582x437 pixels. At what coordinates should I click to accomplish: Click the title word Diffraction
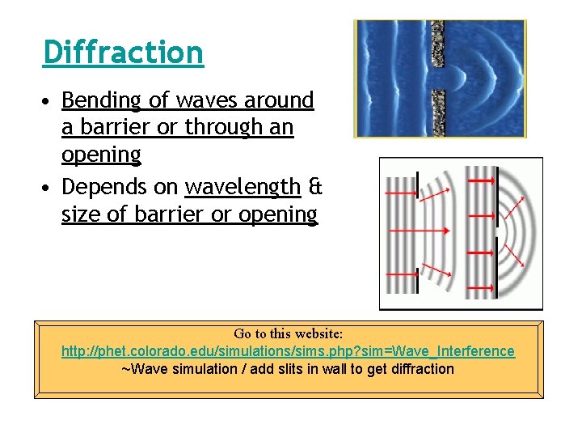(123, 53)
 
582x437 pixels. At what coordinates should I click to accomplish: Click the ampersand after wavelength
(314, 187)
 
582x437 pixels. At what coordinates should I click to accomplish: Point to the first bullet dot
(49, 101)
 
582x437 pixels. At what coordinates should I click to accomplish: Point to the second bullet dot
(49, 188)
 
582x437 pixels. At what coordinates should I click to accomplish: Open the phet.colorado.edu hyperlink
(288, 351)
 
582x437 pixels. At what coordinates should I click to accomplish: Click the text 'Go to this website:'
(288, 333)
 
